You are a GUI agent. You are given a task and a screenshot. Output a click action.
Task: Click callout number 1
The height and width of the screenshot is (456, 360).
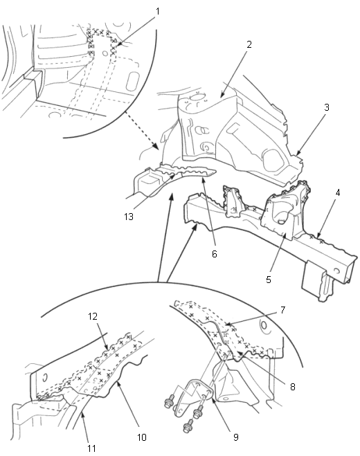pyautogui.click(x=158, y=12)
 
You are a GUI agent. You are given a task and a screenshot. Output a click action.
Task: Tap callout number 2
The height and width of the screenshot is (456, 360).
pyautogui.click(x=249, y=44)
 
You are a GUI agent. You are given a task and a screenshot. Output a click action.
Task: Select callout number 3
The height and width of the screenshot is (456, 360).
pyautogui.click(x=327, y=107)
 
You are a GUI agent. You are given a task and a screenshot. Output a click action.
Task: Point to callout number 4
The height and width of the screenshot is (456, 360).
pyautogui.click(x=338, y=192)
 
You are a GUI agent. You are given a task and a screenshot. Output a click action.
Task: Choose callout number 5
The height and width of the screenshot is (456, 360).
pyautogui.click(x=269, y=280)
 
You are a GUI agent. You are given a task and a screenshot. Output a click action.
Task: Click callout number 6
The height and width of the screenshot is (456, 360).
pyautogui.click(x=215, y=254)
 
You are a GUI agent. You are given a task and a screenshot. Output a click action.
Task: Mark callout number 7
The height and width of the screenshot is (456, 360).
pyautogui.click(x=283, y=310)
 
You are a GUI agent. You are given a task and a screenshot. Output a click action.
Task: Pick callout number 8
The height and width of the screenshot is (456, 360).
pyautogui.click(x=293, y=387)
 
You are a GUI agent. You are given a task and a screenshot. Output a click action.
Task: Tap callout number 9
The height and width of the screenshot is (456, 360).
pyautogui.click(x=236, y=437)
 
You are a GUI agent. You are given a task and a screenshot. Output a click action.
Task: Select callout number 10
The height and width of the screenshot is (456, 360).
pyautogui.click(x=142, y=437)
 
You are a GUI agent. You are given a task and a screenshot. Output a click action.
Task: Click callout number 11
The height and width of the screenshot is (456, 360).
pyautogui.click(x=91, y=448)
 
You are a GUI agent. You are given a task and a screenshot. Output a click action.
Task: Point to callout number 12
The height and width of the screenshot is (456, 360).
pyautogui.click(x=93, y=316)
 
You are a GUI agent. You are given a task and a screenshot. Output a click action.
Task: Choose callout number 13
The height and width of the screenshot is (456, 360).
pyautogui.click(x=128, y=217)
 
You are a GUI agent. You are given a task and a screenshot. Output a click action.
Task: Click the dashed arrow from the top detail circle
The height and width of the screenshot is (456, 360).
pyautogui.click(x=142, y=131)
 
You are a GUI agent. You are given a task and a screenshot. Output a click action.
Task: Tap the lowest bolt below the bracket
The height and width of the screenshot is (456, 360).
pyautogui.click(x=188, y=426)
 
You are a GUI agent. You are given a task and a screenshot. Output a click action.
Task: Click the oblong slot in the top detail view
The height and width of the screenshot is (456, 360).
pyautogui.click(x=133, y=82)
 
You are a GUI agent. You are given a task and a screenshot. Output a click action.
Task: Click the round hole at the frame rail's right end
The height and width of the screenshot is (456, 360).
pyautogui.click(x=336, y=271)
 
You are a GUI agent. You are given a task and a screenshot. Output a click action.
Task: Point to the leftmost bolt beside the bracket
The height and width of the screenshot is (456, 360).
pyautogui.click(x=170, y=401)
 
